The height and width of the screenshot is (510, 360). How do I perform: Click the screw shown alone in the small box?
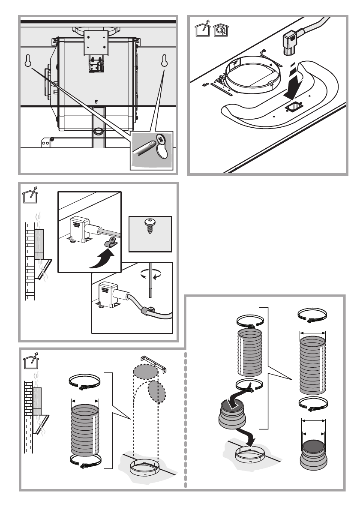coord(150,225)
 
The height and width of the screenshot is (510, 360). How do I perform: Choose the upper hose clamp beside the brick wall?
coord(84,381)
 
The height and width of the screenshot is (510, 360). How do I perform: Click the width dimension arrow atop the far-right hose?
coord(312,332)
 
